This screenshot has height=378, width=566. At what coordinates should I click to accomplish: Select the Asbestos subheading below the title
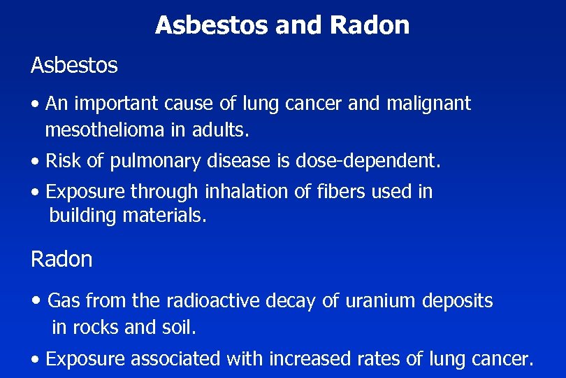(x=74, y=66)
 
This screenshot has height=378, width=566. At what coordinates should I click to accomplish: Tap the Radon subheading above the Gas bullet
(x=61, y=260)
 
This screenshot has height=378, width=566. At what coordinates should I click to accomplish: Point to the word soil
(x=180, y=326)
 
